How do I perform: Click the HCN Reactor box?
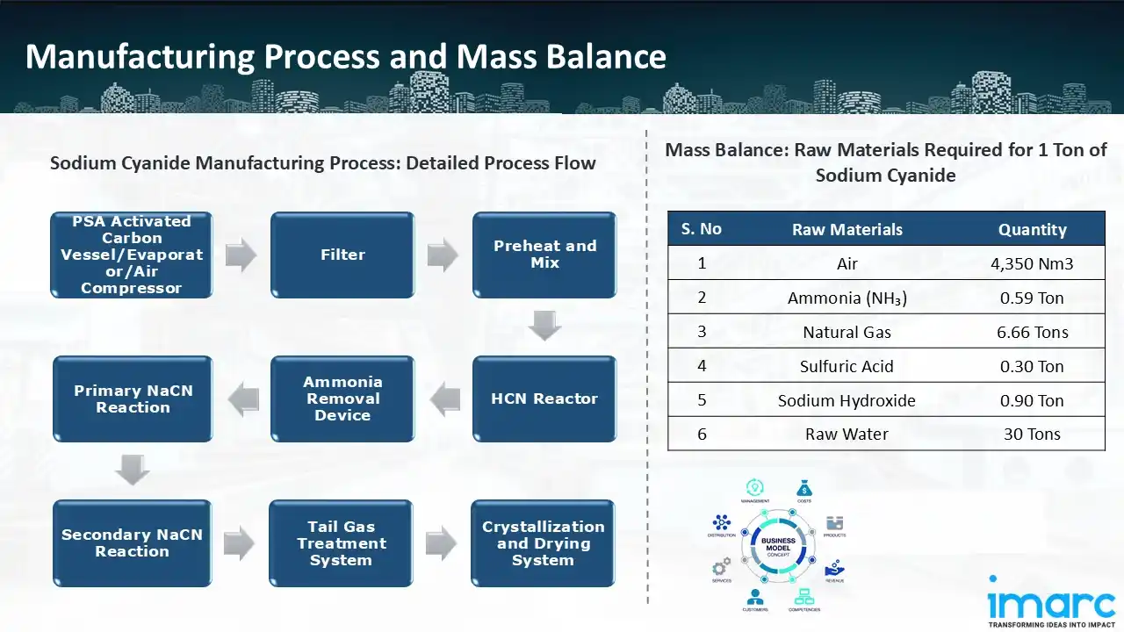[x=544, y=399]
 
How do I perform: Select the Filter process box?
[x=342, y=255]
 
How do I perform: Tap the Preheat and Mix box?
[x=544, y=255]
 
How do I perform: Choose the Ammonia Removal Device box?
[x=342, y=399]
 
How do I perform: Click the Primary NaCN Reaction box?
[x=133, y=399]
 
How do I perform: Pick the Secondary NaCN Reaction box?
[x=133, y=542]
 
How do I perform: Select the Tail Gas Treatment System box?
[x=341, y=542]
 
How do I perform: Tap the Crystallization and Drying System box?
[x=543, y=542]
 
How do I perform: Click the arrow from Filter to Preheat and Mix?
[x=443, y=255]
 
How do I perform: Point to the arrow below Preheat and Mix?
[x=544, y=327]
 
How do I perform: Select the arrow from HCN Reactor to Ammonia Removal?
[x=444, y=399]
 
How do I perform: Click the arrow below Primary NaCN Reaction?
[x=133, y=471]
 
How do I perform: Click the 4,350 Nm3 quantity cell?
[x=1032, y=263]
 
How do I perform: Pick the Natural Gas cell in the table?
[x=847, y=332]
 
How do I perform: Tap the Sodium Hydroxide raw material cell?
[x=847, y=400]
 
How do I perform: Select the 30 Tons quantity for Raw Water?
[x=1032, y=434]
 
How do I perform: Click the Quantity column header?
[x=1032, y=229]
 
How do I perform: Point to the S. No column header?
[x=701, y=229]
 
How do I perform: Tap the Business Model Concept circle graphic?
[x=778, y=544]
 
